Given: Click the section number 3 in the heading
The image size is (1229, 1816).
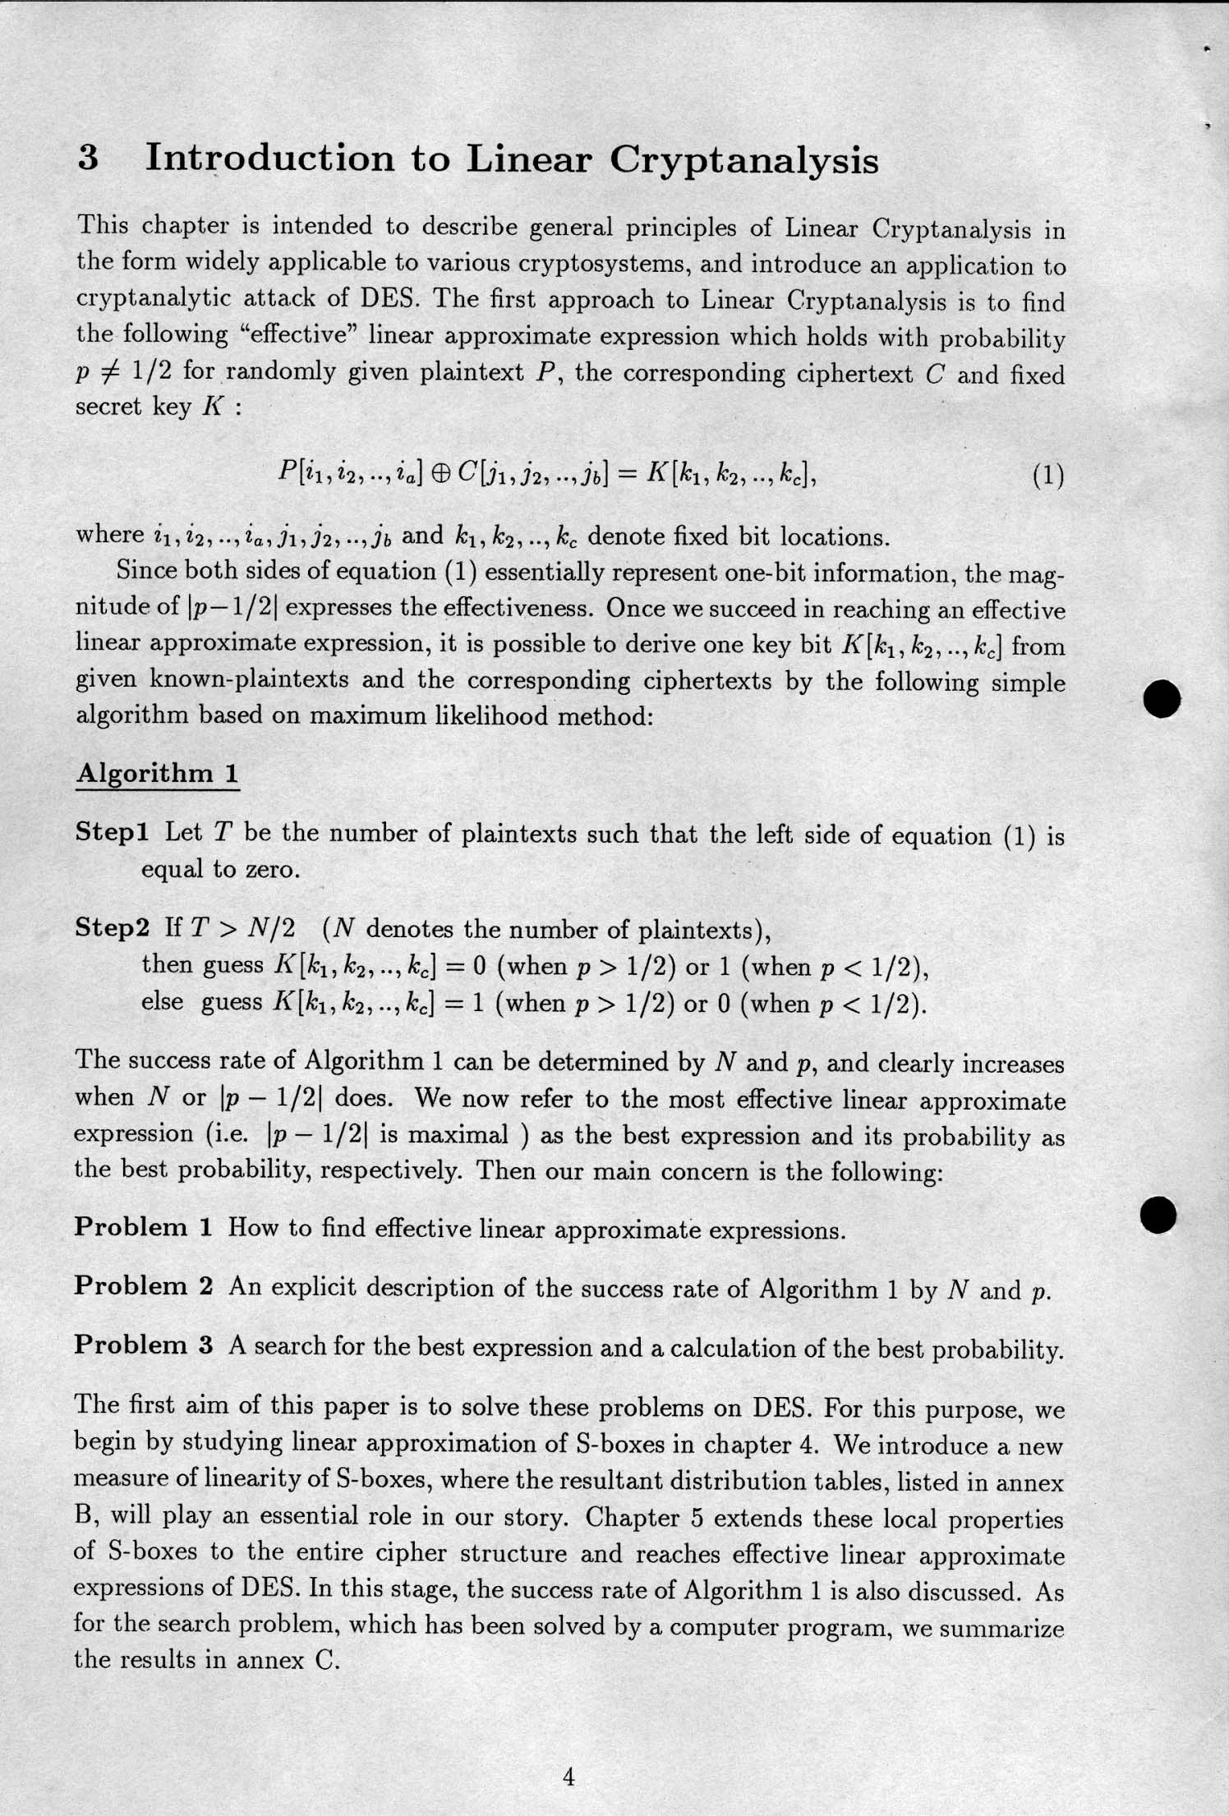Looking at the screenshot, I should [x=89, y=157].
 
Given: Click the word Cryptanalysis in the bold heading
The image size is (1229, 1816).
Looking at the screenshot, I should [x=743, y=160].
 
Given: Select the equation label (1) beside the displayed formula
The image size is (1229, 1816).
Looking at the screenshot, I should [x=1047, y=476].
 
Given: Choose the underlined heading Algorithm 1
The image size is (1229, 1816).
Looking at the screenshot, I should [x=157, y=774].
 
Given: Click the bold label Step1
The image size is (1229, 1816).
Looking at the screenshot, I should [x=112, y=832].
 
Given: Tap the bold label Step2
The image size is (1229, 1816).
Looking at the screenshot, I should [x=113, y=928].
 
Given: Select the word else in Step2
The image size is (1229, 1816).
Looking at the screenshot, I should [x=162, y=1002].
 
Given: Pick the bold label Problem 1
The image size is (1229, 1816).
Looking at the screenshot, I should [x=143, y=1227].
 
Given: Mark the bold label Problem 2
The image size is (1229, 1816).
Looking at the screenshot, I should [x=143, y=1286].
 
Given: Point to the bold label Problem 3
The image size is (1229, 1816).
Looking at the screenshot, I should [x=143, y=1345].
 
